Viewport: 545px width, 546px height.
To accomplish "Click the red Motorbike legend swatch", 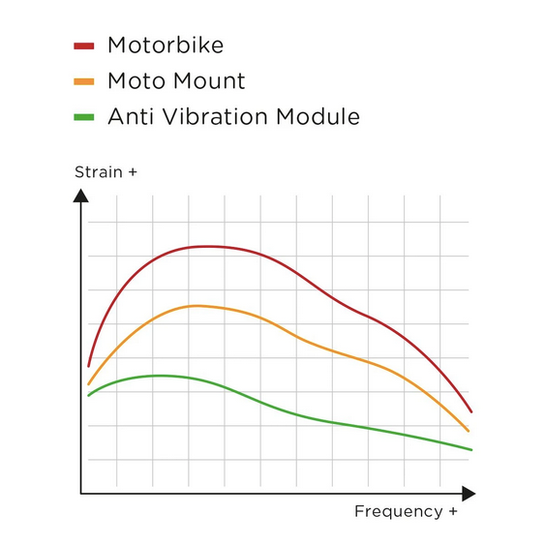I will (83, 45).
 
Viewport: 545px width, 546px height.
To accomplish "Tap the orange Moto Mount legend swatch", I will (83, 81).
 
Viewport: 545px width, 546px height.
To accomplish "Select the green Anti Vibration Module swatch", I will (83, 117).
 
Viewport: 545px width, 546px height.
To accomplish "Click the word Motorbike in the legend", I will (166, 45).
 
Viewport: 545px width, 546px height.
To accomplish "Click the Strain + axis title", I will (106, 172).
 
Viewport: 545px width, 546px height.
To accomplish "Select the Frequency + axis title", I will (406, 511).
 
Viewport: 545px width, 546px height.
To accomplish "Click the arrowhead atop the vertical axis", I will (81, 195).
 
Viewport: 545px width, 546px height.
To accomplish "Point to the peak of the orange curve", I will (197, 306).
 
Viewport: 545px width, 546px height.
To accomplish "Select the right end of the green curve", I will (470, 449).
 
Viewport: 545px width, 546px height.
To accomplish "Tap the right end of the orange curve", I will (469, 431).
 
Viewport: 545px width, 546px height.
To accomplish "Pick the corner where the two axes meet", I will (81, 494).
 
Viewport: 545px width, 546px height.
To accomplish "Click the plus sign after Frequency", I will (451, 511).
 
